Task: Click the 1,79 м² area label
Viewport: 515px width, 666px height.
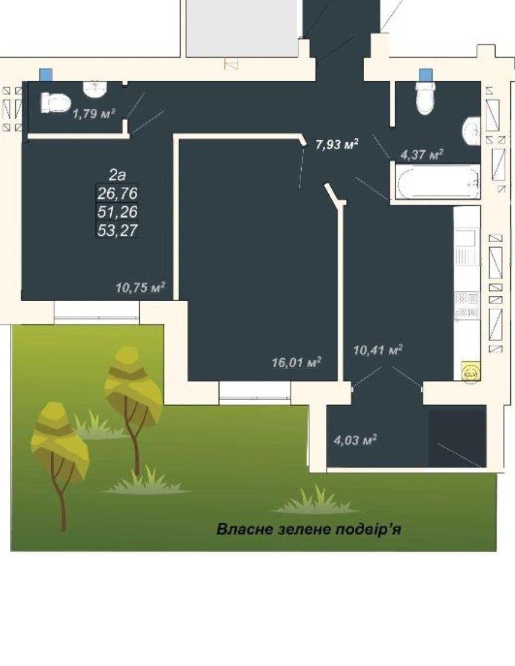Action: click(x=94, y=113)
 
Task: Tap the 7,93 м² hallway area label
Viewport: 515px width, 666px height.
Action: click(x=337, y=144)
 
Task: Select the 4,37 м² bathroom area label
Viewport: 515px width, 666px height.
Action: click(x=421, y=154)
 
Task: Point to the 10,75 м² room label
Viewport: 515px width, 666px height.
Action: click(x=140, y=288)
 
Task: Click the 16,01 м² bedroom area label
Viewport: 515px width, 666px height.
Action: click(x=296, y=362)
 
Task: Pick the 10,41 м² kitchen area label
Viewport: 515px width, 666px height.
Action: click(x=378, y=351)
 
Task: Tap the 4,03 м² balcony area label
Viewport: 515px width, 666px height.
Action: click(x=355, y=440)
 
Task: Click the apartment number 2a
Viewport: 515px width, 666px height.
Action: click(x=118, y=174)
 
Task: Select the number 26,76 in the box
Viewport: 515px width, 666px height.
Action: click(x=118, y=193)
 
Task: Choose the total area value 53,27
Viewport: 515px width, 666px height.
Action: click(x=118, y=230)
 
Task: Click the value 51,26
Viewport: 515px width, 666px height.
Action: click(x=118, y=212)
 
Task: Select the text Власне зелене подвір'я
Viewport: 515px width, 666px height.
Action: click(x=309, y=530)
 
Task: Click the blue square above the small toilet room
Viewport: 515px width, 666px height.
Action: click(x=46, y=75)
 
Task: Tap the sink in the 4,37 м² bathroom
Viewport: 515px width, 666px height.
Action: click(x=472, y=131)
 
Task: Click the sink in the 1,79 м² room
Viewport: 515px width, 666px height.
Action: click(x=94, y=88)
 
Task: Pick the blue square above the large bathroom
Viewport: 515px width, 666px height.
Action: click(x=425, y=75)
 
